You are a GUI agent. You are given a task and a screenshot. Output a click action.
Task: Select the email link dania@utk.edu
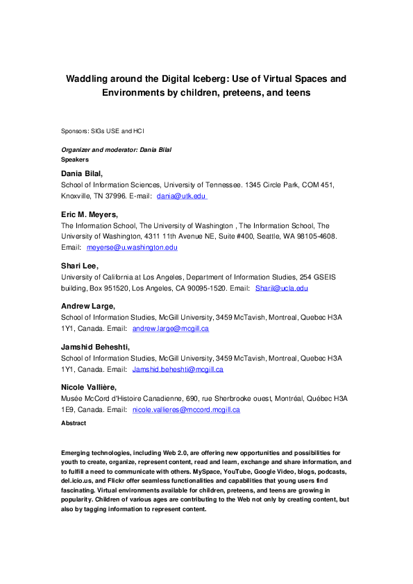coord(181,196)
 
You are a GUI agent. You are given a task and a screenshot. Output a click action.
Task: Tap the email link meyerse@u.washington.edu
coord(132,247)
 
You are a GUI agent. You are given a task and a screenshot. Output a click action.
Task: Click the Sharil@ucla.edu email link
coord(281,288)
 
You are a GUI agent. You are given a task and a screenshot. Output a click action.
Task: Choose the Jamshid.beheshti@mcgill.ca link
coord(178,369)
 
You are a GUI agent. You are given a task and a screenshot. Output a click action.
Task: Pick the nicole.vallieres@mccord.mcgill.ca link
coord(186,410)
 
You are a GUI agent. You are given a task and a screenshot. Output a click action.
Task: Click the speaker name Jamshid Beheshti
coord(95,347)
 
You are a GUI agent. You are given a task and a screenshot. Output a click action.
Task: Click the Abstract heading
coord(74,422)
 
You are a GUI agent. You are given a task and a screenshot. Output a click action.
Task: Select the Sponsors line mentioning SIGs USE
coord(103,130)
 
